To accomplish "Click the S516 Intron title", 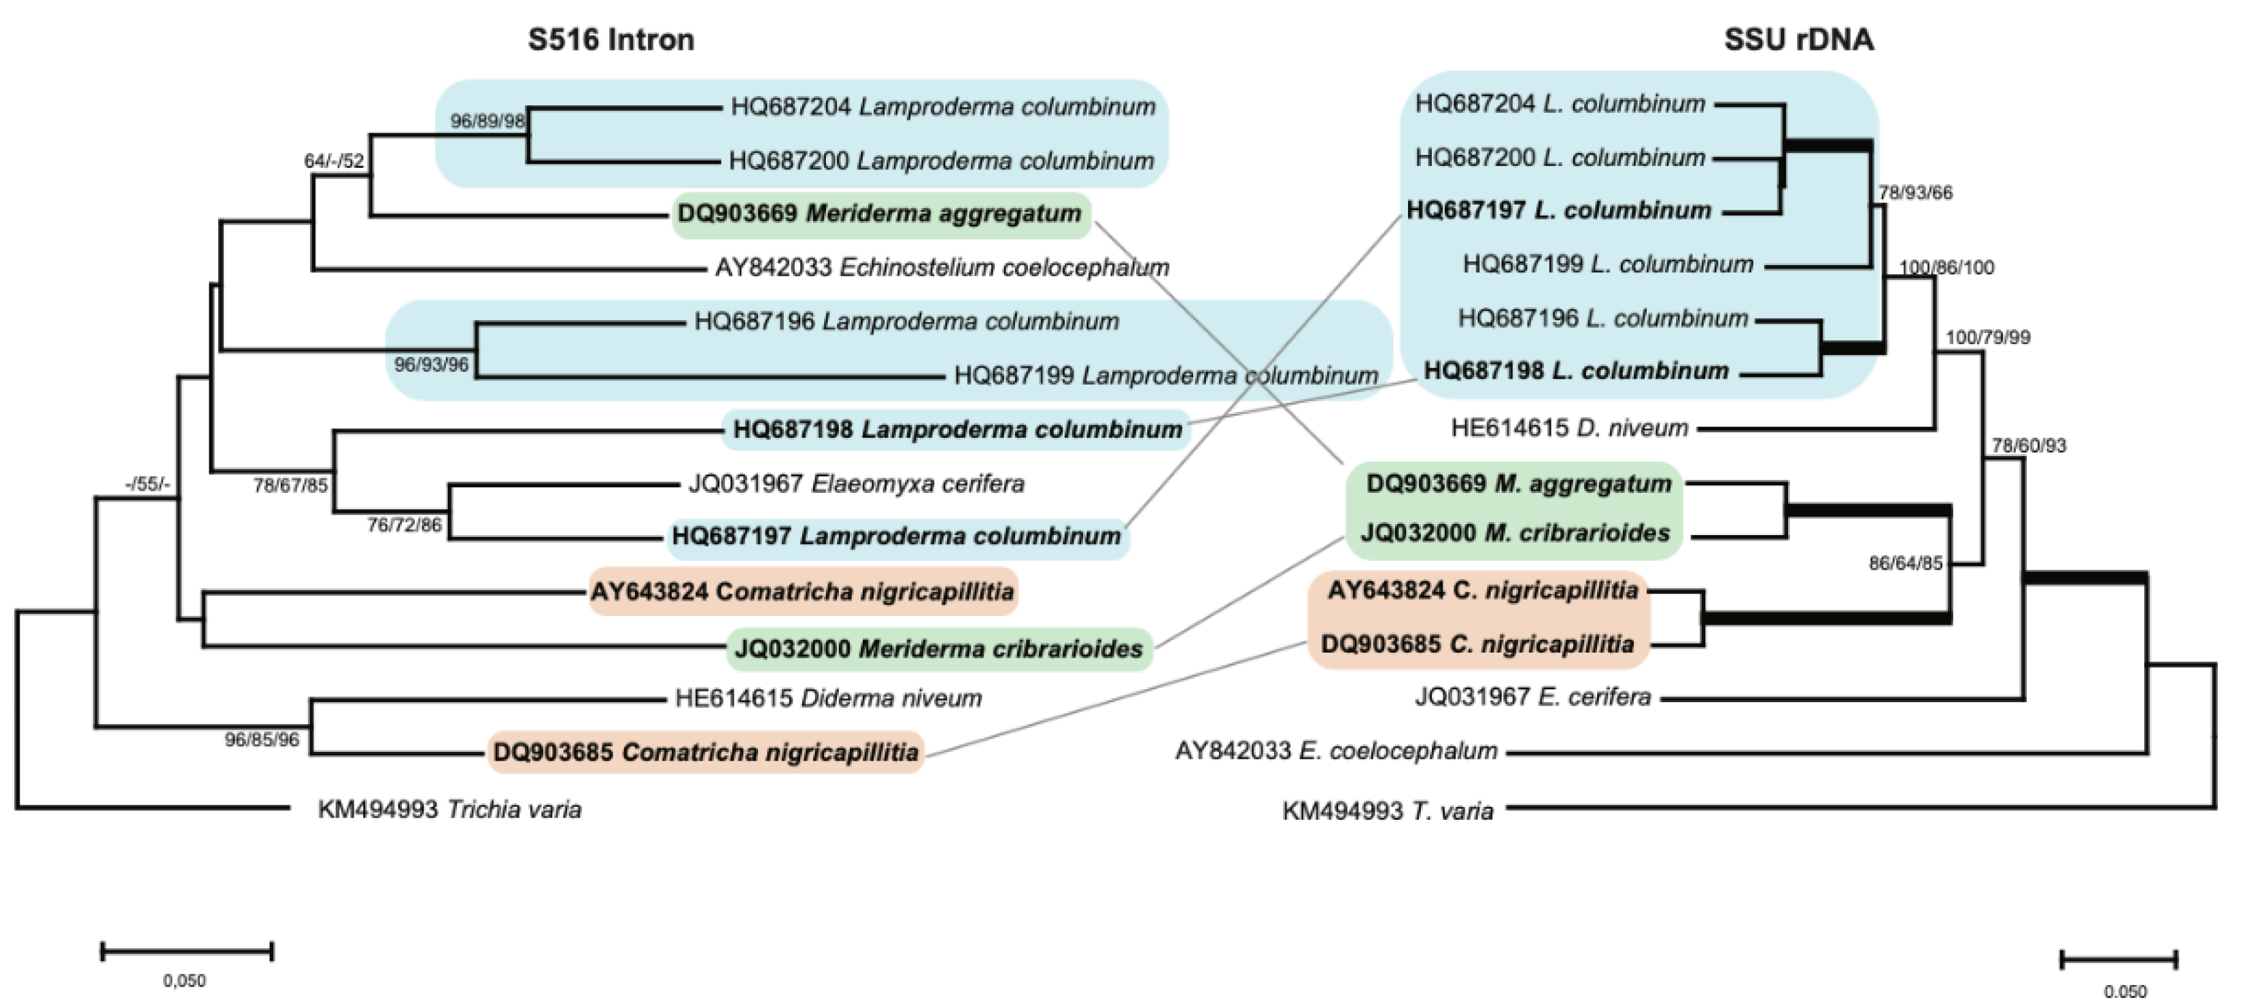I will (x=611, y=39).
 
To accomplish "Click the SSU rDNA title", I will (x=1798, y=39).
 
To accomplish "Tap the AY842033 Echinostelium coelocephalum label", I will (x=941, y=267).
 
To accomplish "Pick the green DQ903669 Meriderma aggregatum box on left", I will (x=880, y=214).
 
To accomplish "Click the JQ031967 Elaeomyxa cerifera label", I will (x=855, y=483).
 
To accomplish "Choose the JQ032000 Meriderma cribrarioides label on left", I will (x=938, y=649).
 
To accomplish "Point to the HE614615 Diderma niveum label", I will (x=827, y=698).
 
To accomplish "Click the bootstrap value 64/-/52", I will (x=334, y=160).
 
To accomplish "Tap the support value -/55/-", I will (x=148, y=483).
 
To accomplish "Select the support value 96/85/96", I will (x=261, y=740).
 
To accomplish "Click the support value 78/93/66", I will (x=1915, y=193).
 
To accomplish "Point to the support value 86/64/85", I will (x=1905, y=563).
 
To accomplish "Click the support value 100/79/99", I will (x=1987, y=337).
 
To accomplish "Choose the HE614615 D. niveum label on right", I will (x=1569, y=428).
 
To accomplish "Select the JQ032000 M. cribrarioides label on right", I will (x=1515, y=532).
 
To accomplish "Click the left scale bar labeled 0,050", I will (x=187, y=952).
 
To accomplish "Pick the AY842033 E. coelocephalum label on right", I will (x=1336, y=750).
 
